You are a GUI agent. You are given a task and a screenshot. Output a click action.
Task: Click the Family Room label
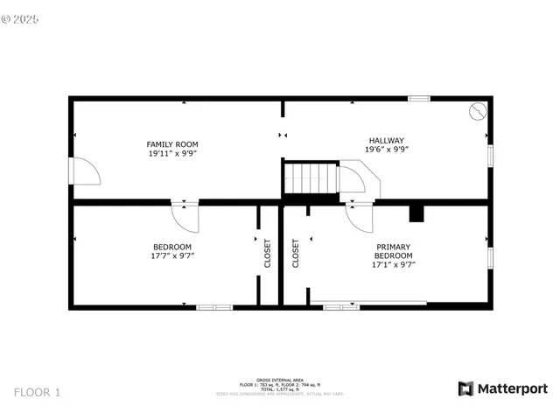coord(172,144)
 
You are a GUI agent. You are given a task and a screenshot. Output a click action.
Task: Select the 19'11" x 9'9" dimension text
coord(172,154)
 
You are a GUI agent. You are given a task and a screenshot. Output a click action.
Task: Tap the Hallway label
coord(386,140)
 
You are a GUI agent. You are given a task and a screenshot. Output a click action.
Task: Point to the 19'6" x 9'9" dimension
coord(386,150)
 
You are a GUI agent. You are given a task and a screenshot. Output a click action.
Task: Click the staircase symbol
coord(311,178)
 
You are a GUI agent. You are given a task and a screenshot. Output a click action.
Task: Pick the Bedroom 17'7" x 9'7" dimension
coord(172,256)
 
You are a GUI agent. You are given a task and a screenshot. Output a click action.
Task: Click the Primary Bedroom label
coord(394,251)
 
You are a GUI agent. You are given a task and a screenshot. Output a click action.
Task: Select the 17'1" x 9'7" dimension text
coord(394,264)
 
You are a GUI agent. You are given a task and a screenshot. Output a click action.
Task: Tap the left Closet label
coord(268,254)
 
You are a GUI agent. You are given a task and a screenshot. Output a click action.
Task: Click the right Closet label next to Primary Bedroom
coord(296,254)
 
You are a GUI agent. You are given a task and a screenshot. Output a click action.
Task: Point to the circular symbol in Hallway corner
coord(477,111)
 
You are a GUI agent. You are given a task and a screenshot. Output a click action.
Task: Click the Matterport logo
coord(503,388)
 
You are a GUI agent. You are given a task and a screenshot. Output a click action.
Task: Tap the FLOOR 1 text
coord(38,392)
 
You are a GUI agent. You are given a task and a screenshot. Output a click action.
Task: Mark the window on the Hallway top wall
coord(418,98)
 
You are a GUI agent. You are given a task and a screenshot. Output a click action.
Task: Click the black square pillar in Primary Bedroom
coord(416,213)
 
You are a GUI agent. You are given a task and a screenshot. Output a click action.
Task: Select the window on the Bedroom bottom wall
coord(214,307)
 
